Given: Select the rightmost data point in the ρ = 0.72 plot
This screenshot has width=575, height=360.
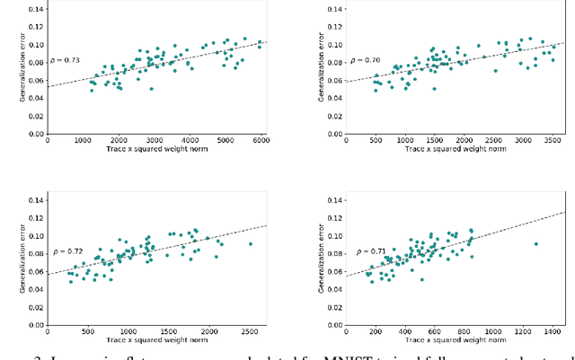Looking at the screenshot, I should click(250, 243).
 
